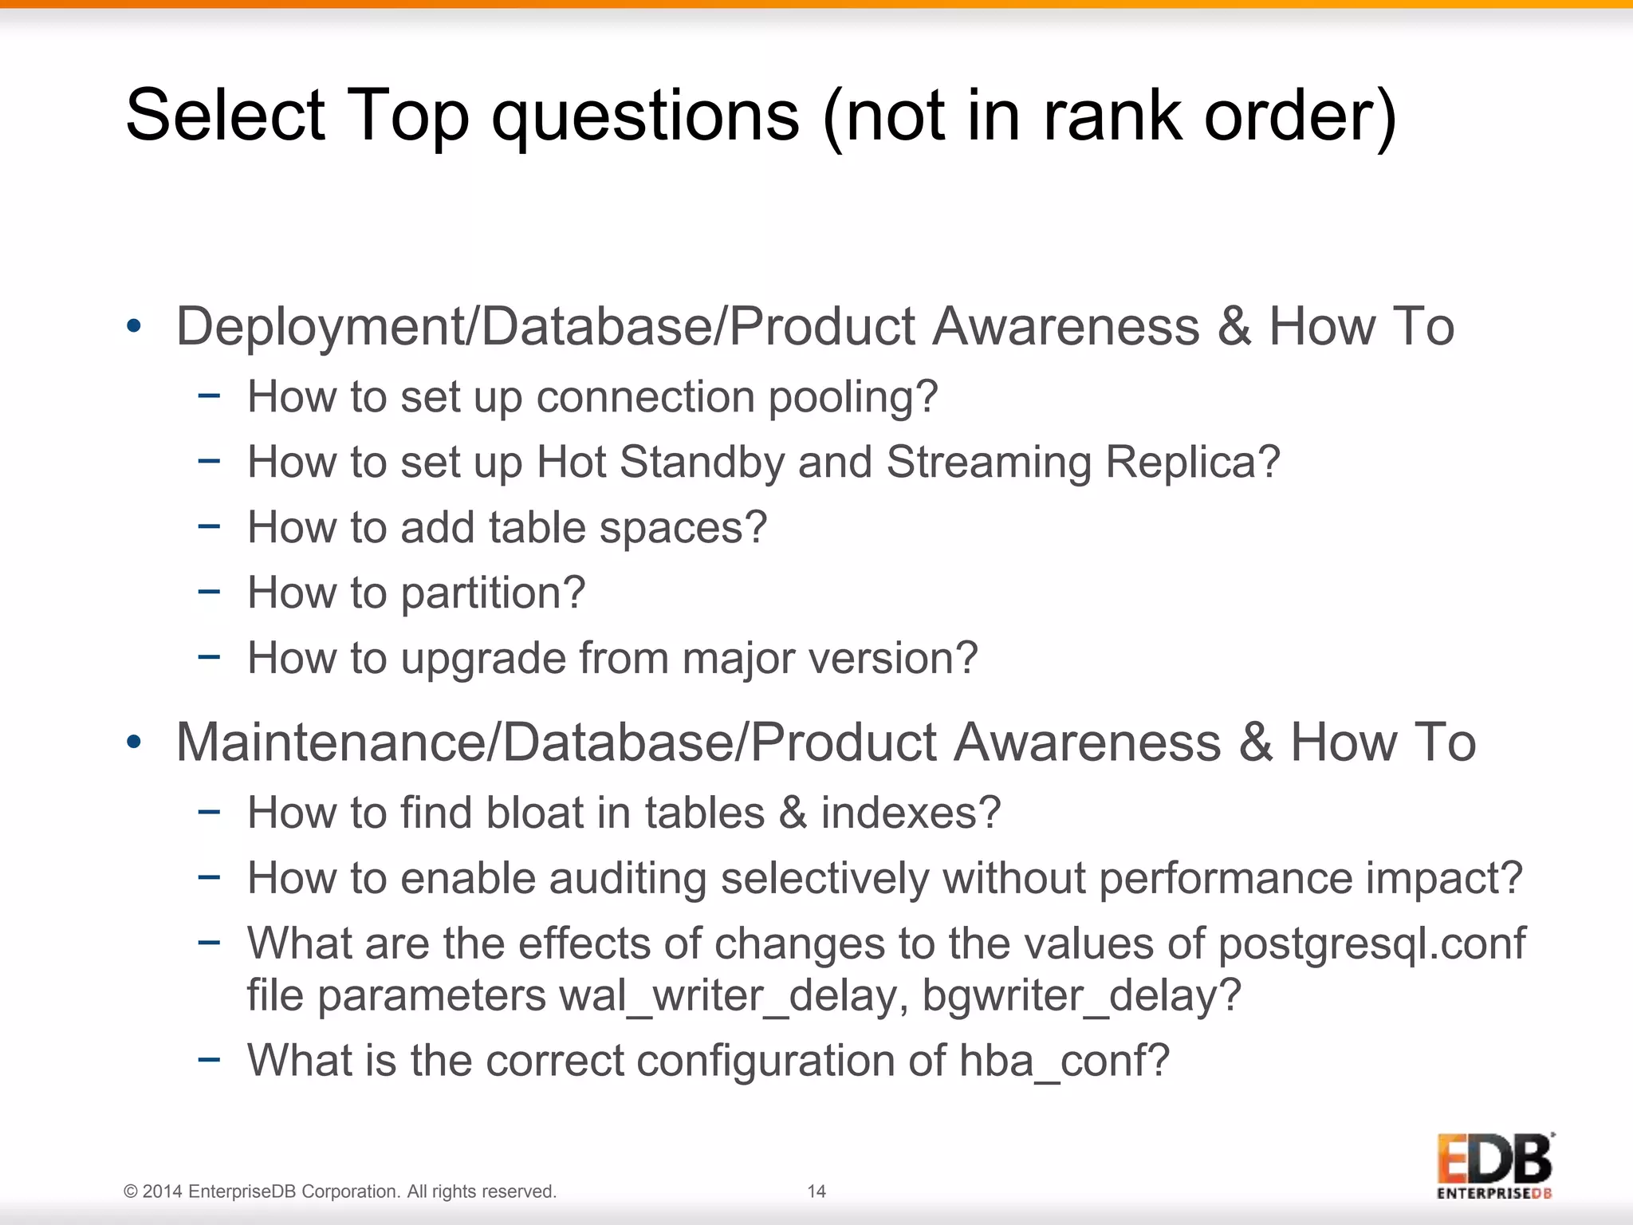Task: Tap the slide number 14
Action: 816,1192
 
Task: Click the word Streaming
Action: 988,463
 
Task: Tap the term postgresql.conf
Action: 1371,944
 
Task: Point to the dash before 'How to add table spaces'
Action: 209,527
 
